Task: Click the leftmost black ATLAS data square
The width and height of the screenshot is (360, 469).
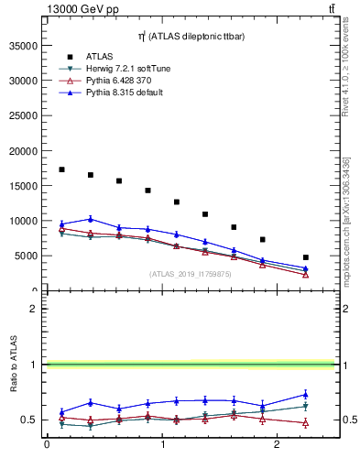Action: click(61, 169)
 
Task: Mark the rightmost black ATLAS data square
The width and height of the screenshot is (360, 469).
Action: click(306, 257)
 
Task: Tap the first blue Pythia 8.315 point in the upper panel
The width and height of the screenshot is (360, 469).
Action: click(61, 224)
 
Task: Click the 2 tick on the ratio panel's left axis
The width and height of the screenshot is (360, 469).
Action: click(38, 309)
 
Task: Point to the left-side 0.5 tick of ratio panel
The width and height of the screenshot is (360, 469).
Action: click(34, 420)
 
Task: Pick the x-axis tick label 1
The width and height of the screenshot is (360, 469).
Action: click(163, 445)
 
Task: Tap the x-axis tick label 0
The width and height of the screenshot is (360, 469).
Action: click(47, 445)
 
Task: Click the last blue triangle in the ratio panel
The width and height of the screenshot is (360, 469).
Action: click(306, 395)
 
